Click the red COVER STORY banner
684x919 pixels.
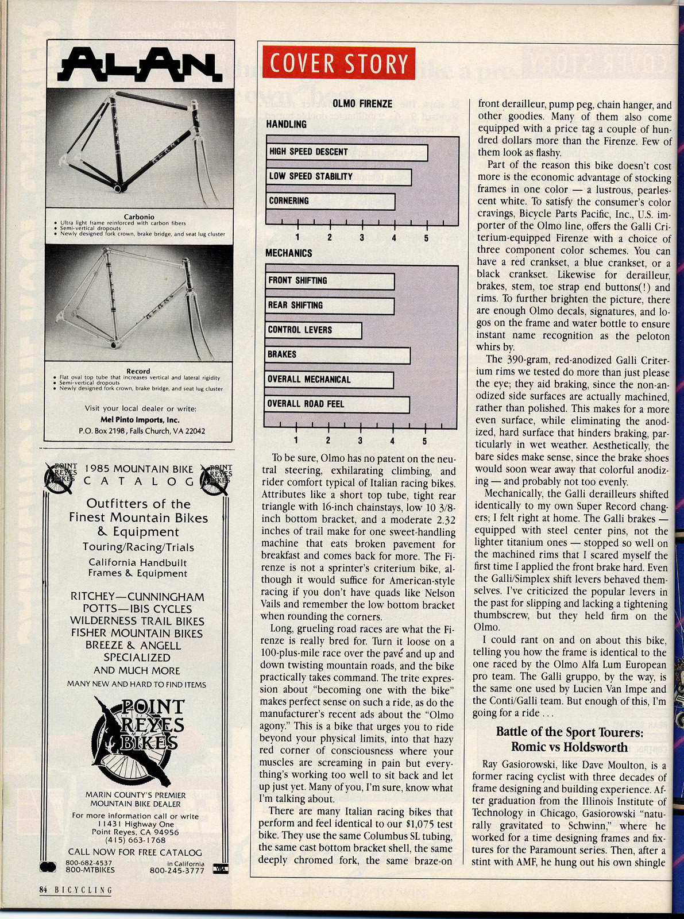(x=338, y=63)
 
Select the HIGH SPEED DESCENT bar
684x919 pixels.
(x=347, y=152)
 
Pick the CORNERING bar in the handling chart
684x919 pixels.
(x=330, y=201)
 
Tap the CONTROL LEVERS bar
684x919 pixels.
(x=314, y=330)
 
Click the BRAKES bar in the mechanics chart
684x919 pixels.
(x=338, y=355)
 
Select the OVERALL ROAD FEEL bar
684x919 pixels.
(x=337, y=404)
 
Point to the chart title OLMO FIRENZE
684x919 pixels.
(x=362, y=104)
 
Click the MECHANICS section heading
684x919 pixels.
(x=289, y=253)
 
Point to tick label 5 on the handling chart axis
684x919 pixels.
(x=426, y=238)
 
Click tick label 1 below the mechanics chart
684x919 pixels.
(x=296, y=441)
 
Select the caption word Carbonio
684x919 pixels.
(x=139, y=217)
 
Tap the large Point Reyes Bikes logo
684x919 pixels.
(x=141, y=741)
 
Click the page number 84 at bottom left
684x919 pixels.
(x=43, y=890)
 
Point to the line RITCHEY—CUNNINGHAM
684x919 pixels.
(x=137, y=597)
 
